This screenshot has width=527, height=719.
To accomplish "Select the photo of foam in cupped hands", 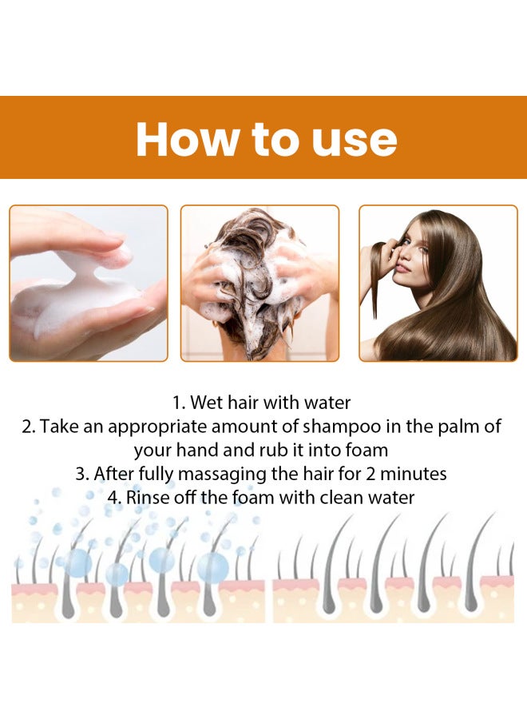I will tap(88, 284).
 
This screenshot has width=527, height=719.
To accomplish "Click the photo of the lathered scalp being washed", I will tap(260, 284).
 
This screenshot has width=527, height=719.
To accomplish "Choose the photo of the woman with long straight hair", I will tap(438, 284).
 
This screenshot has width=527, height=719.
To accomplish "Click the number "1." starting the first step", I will tap(179, 403).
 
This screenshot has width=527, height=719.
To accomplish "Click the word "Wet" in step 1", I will tap(207, 403).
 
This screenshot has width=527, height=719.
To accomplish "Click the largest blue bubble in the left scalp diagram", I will tap(213, 567).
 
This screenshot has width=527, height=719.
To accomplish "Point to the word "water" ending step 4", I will tap(390, 497).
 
